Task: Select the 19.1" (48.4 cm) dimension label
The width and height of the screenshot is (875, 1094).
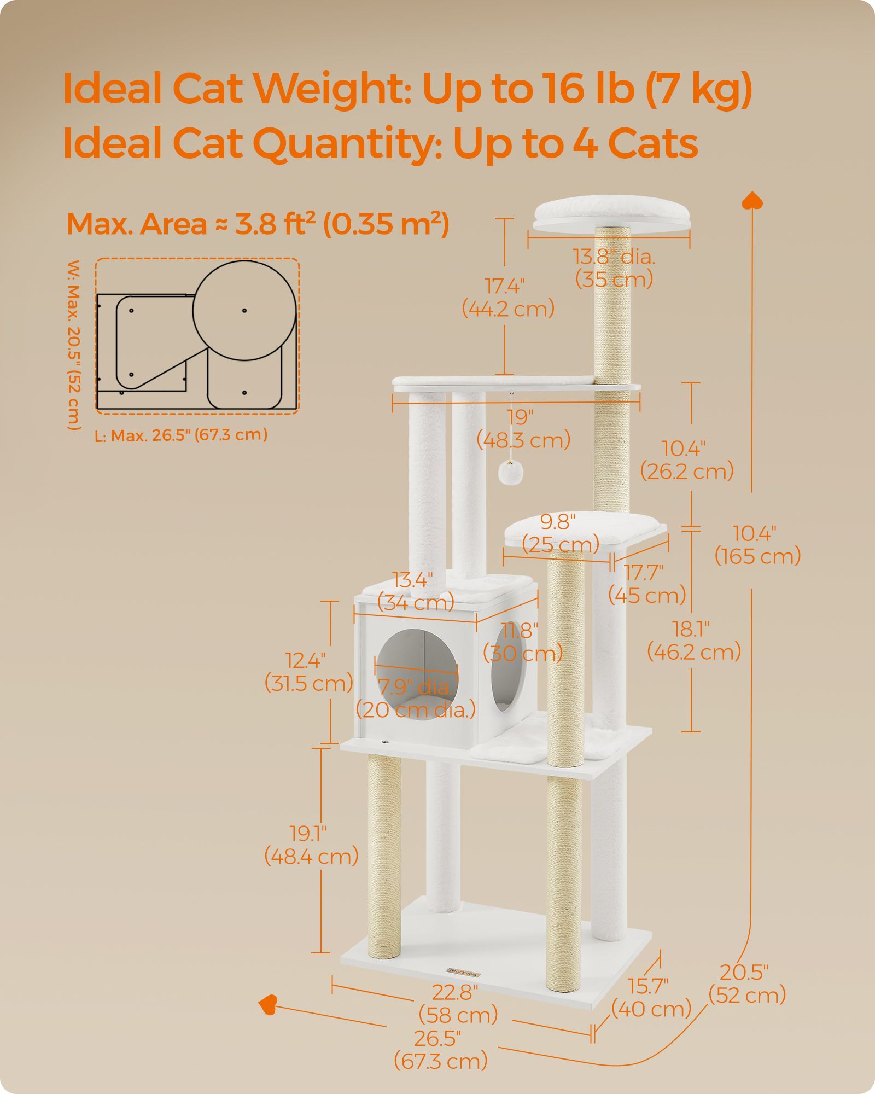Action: [x=311, y=845]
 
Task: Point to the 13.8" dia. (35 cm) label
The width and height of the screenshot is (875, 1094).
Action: [x=614, y=268]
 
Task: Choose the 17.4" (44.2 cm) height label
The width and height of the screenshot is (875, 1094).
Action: [x=508, y=298]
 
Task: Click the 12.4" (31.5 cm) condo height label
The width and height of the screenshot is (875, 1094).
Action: [x=308, y=672]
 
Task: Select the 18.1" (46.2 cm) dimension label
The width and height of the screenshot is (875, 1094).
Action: [x=694, y=641]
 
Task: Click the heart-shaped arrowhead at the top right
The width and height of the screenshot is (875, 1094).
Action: [x=752, y=200]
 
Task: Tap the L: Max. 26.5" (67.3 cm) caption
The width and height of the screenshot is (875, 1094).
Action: [x=181, y=435]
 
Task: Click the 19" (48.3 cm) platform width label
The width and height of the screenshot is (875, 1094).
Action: [x=523, y=428]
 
